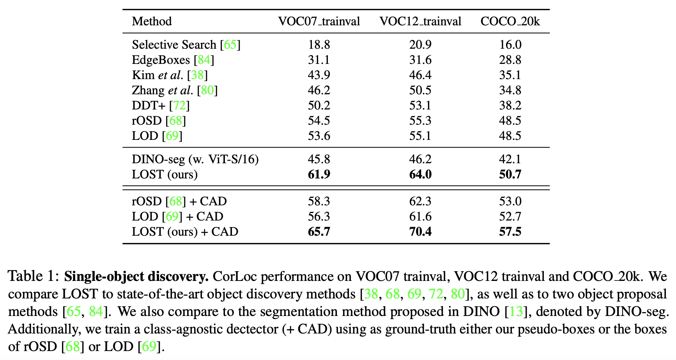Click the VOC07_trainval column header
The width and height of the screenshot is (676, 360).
click(319, 21)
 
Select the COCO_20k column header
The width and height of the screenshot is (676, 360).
click(510, 21)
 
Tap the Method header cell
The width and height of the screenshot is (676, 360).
click(152, 21)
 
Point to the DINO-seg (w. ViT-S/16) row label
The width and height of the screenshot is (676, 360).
click(195, 159)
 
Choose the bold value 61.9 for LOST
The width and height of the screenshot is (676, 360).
click(319, 174)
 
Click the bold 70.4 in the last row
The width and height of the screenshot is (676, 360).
click(420, 231)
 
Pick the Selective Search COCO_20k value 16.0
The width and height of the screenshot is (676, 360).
click(510, 44)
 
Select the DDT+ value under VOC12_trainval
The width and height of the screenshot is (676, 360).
click(420, 105)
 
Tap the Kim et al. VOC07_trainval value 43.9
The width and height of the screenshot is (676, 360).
click(319, 75)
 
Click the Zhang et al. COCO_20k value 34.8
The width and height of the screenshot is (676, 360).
click(510, 90)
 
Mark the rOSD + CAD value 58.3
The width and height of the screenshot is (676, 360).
click(319, 201)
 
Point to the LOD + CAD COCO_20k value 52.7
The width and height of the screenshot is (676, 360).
click(510, 216)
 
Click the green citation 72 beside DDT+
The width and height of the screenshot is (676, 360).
click(179, 105)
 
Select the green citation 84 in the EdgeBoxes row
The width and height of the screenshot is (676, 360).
click(204, 60)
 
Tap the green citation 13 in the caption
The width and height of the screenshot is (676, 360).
click(516, 311)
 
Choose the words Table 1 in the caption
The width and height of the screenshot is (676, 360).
click(34, 276)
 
